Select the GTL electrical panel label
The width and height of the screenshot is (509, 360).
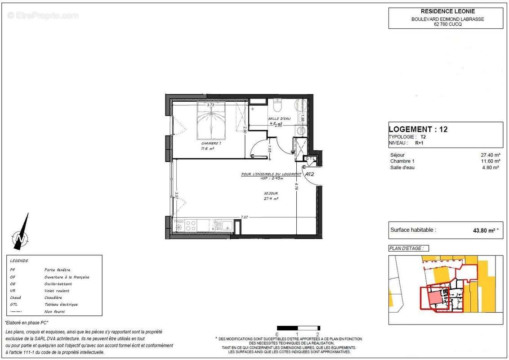pos(310,158)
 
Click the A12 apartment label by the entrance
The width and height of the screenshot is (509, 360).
pos(309,174)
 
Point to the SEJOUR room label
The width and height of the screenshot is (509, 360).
pos(271,193)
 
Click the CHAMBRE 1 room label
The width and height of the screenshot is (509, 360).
pos(210,143)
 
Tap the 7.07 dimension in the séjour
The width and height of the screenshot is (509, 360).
pos(244,217)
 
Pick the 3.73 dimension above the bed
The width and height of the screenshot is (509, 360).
pos(210,104)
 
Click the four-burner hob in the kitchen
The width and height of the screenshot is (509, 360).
pos(191,225)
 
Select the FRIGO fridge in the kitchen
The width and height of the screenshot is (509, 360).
pos(179,225)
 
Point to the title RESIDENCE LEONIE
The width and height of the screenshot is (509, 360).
pos(445,11)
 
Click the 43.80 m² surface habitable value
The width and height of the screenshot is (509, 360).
pos(482,230)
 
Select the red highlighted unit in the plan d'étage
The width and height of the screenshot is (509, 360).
pos(434,297)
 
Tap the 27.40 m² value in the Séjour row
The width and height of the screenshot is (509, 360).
pos(491,155)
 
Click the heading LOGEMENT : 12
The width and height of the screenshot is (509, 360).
pos(418,130)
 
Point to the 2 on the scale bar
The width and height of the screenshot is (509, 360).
pos(318,334)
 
